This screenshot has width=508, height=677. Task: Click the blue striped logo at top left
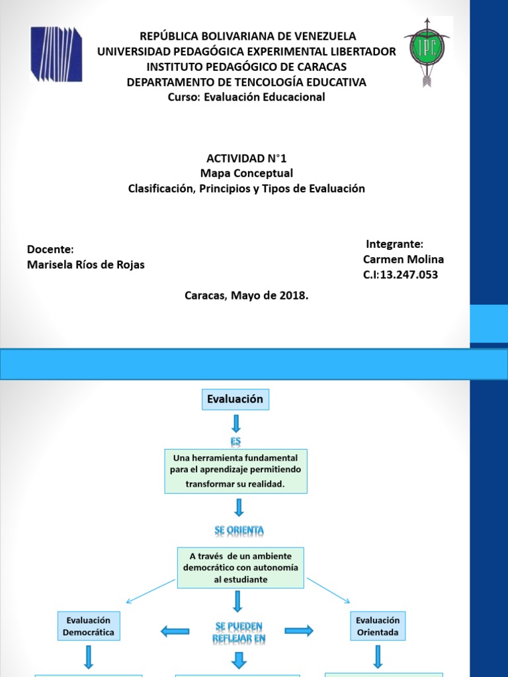click(56, 54)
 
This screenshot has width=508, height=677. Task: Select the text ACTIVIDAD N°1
click(247, 159)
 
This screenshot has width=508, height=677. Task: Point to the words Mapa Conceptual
click(247, 173)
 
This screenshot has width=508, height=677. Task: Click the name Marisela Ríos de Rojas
click(85, 264)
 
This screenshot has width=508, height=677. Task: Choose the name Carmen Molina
click(403, 259)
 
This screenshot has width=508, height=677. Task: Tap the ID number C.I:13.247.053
click(401, 274)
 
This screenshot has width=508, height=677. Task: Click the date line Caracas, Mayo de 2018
click(247, 296)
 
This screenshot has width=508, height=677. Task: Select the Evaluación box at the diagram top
click(235, 399)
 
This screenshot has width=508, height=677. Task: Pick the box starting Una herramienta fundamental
click(236, 471)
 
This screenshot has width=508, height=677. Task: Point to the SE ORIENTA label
click(239, 530)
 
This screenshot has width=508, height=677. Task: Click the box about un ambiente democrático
click(240, 567)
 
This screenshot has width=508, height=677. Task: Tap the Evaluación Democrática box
click(89, 626)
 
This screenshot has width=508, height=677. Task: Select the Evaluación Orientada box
click(378, 626)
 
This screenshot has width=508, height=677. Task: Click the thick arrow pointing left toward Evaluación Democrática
click(175, 632)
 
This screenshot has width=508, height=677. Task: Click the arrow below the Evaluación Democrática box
click(88, 657)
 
